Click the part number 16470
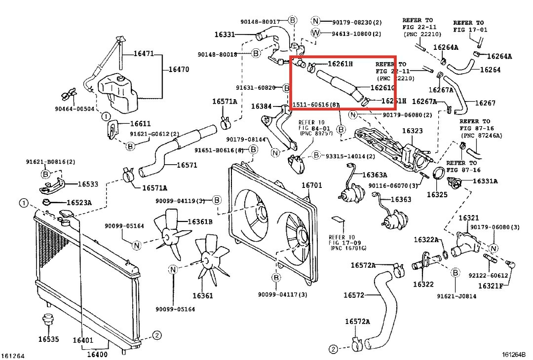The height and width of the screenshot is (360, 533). pos(179,70)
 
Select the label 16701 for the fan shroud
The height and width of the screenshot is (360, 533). pos(312,185)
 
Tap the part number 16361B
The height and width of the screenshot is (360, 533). pos(200,221)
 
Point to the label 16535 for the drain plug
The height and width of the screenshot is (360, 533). pos(48,339)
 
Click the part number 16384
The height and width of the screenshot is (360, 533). pos(261,106)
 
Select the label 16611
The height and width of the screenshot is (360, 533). pos(141,124)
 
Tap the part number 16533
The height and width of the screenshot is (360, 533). pos(88,184)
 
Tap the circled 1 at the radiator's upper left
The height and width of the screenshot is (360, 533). pos(24,203)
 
